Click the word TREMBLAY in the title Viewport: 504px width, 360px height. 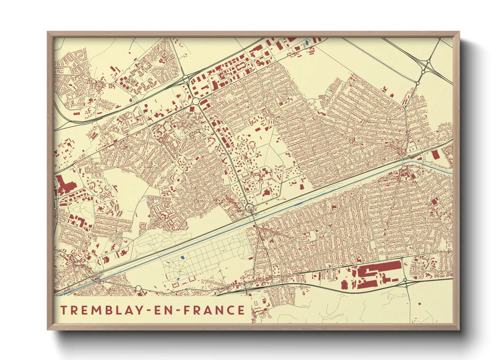click(x=102, y=310)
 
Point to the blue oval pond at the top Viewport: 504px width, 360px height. click(x=307, y=43)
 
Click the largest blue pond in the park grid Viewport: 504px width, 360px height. click(x=182, y=258)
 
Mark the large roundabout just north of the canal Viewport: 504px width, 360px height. click(x=250, y=207)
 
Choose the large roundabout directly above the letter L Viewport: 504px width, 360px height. click(x=138, y=289)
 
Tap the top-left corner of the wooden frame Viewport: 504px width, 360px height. click(x=48, y=32)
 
